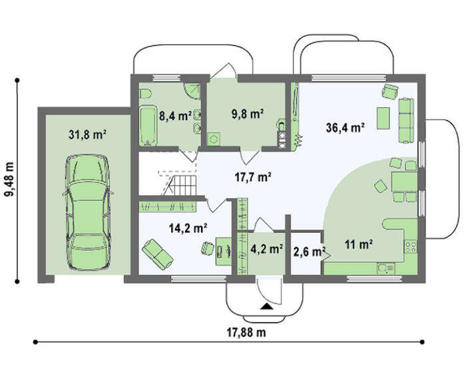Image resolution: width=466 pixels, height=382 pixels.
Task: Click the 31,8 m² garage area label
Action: (88, 134)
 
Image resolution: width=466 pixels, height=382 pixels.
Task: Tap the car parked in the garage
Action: (88, 212)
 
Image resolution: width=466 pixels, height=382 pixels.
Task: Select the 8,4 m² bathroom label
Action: (175, 116)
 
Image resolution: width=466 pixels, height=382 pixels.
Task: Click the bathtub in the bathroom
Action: (148, 126)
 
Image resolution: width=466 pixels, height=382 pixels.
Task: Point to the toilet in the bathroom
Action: (145, 94)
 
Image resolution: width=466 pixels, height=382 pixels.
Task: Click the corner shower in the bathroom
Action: (192, 91)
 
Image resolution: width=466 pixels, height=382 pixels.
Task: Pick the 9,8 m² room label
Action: (248, 114)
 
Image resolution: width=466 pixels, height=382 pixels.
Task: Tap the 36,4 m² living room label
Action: (346, 128)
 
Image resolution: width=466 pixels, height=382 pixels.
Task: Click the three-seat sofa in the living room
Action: (406, 120)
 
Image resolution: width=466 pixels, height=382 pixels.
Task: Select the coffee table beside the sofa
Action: (383, 118)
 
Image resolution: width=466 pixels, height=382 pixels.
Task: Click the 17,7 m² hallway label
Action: (252, 177)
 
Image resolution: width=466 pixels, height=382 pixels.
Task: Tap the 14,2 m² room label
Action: (188, 228)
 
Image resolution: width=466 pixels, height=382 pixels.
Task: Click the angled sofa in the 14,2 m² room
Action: (158, 254)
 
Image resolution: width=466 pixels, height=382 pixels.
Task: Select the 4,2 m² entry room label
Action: (266, 249)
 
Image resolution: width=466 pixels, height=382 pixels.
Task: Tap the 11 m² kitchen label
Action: (359, 244)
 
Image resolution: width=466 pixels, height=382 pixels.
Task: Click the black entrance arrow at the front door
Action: (266, 307)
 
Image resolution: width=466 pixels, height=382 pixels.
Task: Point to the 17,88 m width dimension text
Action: (247, 332)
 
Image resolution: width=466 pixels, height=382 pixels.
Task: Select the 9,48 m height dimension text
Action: (9, 180)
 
